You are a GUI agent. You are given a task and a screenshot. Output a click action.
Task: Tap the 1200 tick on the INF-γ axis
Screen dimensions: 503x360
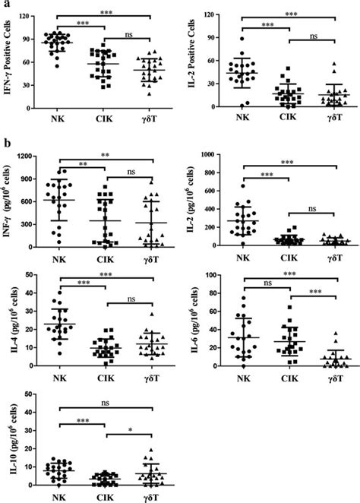tap(32, 156)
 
